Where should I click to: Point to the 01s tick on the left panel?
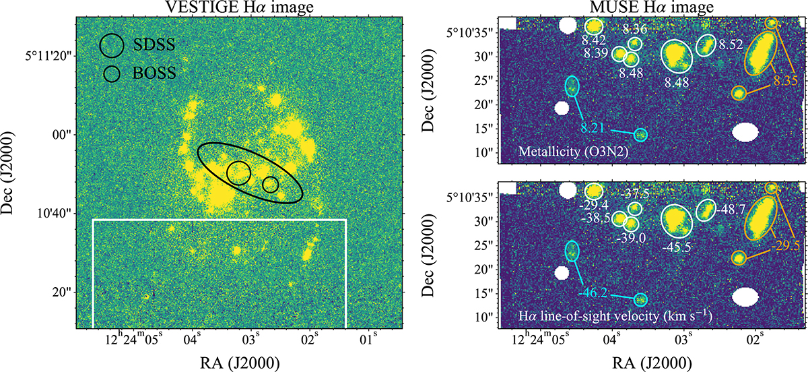point(368,336)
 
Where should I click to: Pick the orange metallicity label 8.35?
point(784,81)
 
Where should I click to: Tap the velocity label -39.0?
point(632,238)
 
